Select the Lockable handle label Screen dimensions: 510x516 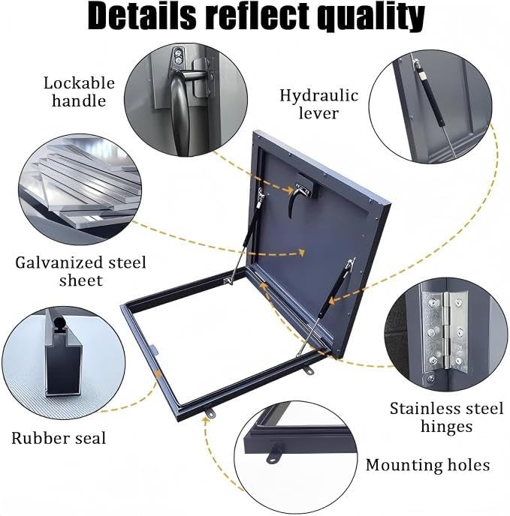[79, 91]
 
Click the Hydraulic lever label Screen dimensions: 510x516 [318, 104]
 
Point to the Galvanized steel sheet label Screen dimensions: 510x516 [80, 271]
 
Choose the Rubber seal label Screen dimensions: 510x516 [59, 438]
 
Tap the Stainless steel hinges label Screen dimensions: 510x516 [447, 417]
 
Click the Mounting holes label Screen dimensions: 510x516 [427, 465]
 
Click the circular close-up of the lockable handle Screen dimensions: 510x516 [186, 100]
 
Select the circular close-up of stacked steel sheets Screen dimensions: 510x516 [80, 190]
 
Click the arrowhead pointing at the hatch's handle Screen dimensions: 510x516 [289, 190]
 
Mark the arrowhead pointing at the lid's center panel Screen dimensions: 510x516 [301, 253]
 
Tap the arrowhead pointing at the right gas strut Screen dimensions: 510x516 [333, 300]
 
